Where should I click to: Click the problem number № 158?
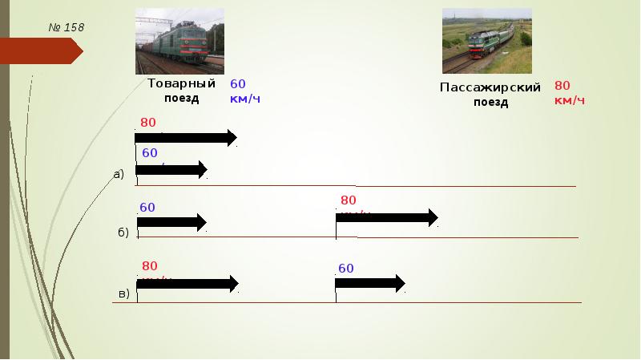pyautogui.click(x=66, y=28)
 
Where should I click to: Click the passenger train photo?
pyautogui.click(x=486, y=41)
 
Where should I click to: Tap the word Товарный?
pyautogui.click(x=181, y=83)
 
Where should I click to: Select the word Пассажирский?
pyautogui.click(x=490, y=87)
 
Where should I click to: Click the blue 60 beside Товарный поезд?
pyautogui.click(x=238, y=83)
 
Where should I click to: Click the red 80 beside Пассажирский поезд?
pyautogui.click(x=562, y=85)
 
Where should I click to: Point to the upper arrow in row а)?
pyautogui.click(x=186, y=138)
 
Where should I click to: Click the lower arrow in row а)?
pyautogui.click(x=171, y=169)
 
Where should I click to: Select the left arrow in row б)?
pyautogui.click(x=172, y=222)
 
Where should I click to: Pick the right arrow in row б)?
pyautogui.click(x=387, y=217)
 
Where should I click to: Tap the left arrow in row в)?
pyautogui.click(x=187, y=283)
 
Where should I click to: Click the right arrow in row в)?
pyautogui.click(x=370, y=283)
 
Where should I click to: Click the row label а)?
pyautogui.click(x=119, y=174)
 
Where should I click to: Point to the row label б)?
pyautogui.click(x=123, y=233)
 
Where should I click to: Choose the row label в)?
pyautogui.click(x=123, y=293)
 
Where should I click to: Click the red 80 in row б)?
pyautogui.click(x=348, y=200)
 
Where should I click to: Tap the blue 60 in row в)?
pyautogui.click(x=345, y=268)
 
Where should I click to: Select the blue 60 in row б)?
pyautogui.click(x=147, y=207)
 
